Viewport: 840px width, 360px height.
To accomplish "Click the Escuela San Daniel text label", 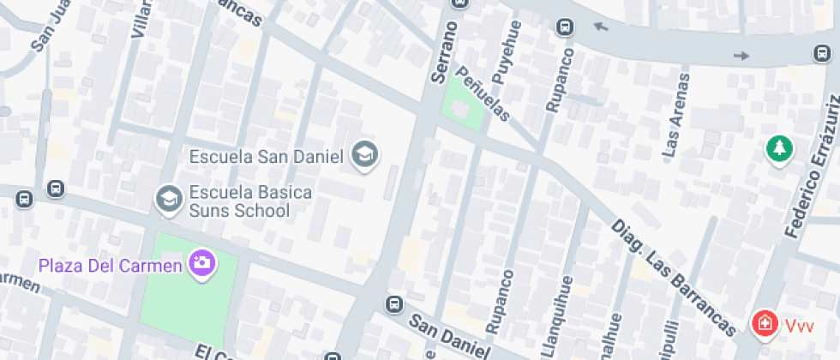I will coord(266,157).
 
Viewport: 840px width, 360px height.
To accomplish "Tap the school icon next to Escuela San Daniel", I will coord(366,154).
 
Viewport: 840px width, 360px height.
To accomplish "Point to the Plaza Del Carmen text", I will coord(110,265).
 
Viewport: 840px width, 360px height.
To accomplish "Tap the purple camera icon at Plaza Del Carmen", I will coord(202,263).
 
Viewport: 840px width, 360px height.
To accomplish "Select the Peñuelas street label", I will coord(482,93).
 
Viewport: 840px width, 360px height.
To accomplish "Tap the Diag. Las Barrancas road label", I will coord(673,277).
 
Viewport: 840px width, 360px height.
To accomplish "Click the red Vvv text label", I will coord(799,325).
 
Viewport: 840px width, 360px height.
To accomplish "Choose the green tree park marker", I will coord(779,148).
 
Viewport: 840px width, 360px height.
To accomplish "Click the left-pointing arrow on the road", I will coord(600,27).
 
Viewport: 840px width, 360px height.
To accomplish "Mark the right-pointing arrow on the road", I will coord(741,57).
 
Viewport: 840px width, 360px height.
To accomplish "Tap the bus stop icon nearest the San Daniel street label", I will coord(394,304).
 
